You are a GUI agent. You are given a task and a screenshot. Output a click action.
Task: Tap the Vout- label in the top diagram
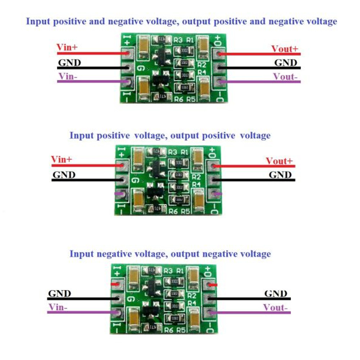pos(286,77)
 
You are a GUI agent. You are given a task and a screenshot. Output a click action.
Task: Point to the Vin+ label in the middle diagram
pos(62,159)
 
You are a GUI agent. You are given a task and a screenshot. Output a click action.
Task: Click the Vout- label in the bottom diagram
pos(276,308)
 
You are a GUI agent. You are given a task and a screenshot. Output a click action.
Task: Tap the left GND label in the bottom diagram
pos(59,293)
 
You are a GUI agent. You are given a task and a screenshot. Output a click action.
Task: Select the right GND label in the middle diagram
pos(280,175)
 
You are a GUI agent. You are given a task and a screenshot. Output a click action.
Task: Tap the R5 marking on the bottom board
pos(181,329)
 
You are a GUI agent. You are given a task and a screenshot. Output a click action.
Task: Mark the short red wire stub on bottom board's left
pos(114,284)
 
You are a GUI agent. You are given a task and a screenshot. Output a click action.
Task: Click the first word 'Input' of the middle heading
pos(81,136)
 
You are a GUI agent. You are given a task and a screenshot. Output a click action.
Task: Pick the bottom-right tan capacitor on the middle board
pos(199,202)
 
